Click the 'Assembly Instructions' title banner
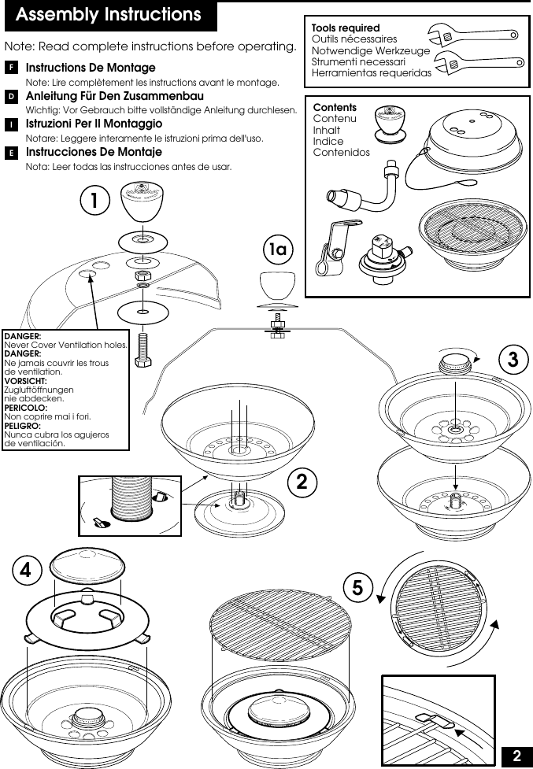pos(109,16)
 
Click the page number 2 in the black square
pos(516,756)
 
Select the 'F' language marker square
pos(11,68)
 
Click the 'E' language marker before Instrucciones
pos(11,152)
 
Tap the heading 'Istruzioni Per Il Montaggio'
pos(94,124)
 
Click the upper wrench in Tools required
pos(472,35)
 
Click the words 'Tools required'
pos(346,28)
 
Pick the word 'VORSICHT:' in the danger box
pos(25,381)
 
